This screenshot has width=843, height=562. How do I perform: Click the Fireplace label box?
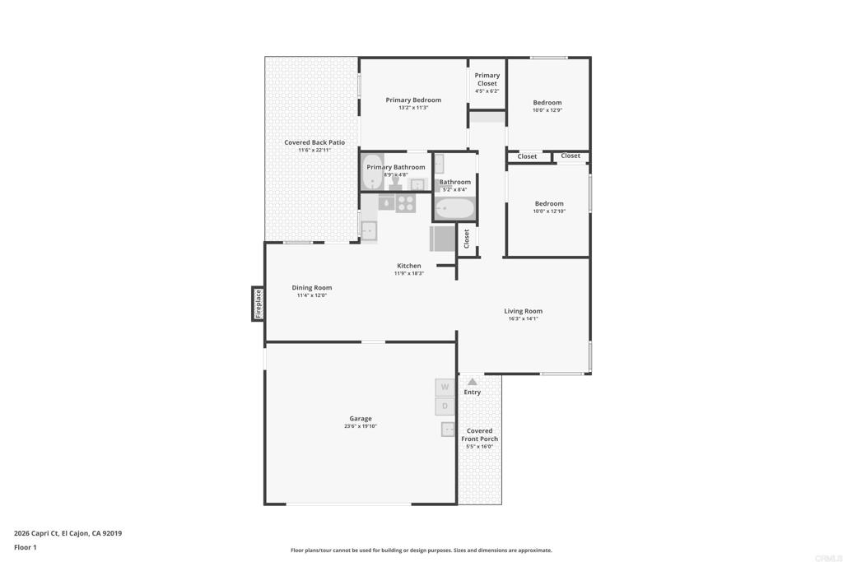[258, 304]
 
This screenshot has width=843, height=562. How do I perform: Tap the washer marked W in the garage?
[445, 387]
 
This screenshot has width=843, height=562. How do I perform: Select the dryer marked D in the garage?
[445, 406]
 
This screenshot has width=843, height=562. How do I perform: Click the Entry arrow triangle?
[472, 382]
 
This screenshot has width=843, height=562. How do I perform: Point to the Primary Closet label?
[487, 79]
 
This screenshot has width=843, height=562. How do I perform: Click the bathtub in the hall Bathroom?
[454, 208]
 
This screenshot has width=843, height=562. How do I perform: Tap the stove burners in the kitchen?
[405, 202]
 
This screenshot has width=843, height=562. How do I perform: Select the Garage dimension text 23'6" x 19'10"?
[360, 426]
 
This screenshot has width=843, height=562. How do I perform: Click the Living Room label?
[523, 311]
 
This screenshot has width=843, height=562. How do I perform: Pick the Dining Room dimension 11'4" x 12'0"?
[312, 295]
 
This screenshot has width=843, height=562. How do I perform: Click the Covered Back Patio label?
[314, 142]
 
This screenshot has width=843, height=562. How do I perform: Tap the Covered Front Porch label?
[479, 434]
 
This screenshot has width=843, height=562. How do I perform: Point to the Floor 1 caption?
[26, 547]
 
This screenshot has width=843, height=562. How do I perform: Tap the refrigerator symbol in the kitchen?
[442, 239]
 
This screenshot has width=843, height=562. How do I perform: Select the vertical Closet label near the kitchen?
[467, 239]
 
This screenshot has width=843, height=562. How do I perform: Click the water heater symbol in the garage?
[449, 429]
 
